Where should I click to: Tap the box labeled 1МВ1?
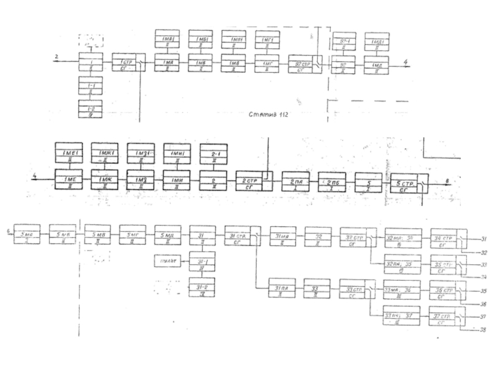[233, 41]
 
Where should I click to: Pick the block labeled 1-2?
[90, 109]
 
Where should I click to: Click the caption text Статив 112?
[269, 114]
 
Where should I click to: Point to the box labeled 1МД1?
[377, 45]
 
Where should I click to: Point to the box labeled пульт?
[165, 262]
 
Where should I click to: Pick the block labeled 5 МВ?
[97, 235]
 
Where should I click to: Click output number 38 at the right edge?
[483, 330]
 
